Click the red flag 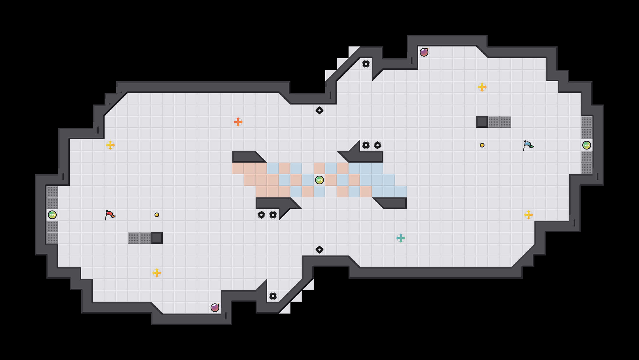click(x=110, y=215)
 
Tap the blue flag click(x=528, y=145)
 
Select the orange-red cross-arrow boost click(x=238, y=122)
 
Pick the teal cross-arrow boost click(x=401, y=238)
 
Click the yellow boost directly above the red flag click(x=110, y=145)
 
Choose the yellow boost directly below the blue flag click(x=529, y=215)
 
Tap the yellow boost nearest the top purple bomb click(x=482, y=87)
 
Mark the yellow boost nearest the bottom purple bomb click(x=157, y=273)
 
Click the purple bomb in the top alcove click(x=424, y=52)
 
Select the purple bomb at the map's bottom click(x=215, y=308)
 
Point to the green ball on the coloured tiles click(x=319, y=180)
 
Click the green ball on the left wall click(x=52, y=215)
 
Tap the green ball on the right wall click(x=587, y=145)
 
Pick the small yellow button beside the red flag click(x=157, y=215)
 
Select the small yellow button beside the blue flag click(x=482, y=145)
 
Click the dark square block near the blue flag click(x=482, y=122)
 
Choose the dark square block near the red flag click(x=157, y=238)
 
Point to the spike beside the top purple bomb click(x=366, y=64)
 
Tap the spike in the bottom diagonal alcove click(x=273, y=296)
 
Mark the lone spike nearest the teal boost click(x=319, y=250)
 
